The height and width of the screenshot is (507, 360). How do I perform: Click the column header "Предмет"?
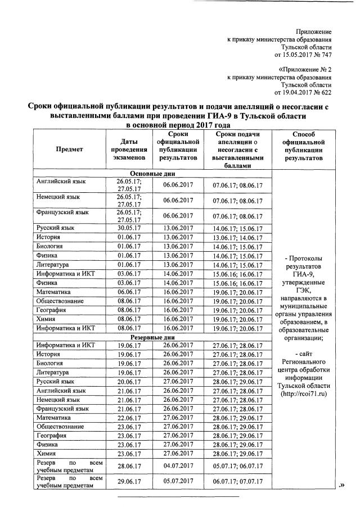click(x=69, y=150)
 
